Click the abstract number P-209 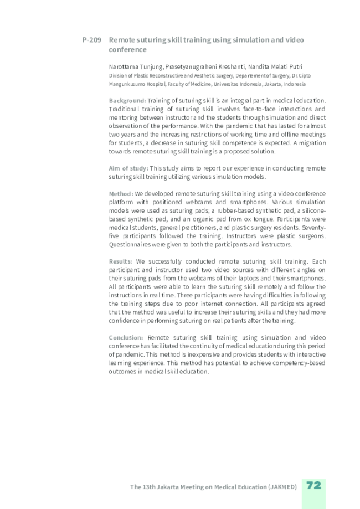click(91, 40)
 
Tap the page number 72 click(313, 486)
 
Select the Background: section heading click(127, 101)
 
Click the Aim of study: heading click(128, 167)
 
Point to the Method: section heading click(121, 194)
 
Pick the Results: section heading click(120, 260)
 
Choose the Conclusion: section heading click(126, 337)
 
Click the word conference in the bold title click(128, 50)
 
